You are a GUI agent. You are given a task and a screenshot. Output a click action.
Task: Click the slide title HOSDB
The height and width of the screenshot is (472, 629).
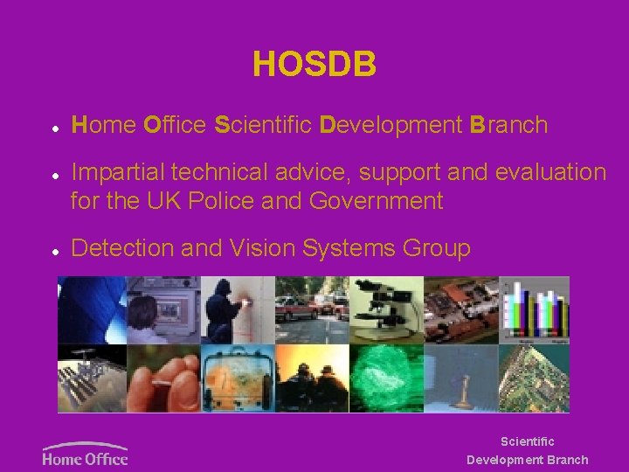[x=314, y=65]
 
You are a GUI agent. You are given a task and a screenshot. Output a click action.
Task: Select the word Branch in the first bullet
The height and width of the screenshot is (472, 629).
[x=508, y=125]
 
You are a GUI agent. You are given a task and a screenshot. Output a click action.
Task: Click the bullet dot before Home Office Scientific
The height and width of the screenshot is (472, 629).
[x=54, y=128]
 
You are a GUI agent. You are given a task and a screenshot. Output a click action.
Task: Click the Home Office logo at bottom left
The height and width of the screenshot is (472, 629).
[x=85, y=454]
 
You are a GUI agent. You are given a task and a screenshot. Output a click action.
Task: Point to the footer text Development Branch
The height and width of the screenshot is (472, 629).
[x=527, y=460]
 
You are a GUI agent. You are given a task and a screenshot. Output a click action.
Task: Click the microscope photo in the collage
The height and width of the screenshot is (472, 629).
[x=386, y=309]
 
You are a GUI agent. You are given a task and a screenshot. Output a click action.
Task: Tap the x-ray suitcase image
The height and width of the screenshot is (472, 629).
[x=238, y=378]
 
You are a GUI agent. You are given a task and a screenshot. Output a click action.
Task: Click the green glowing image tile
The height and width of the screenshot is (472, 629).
[x=386, y=378]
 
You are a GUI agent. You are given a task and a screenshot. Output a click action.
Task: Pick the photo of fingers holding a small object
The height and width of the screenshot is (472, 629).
[x=163, y=378]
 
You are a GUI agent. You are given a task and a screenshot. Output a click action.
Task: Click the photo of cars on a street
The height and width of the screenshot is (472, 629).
[x=312, y=309]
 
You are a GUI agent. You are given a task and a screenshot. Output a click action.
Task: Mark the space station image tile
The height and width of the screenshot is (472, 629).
[x=92, y=378]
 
